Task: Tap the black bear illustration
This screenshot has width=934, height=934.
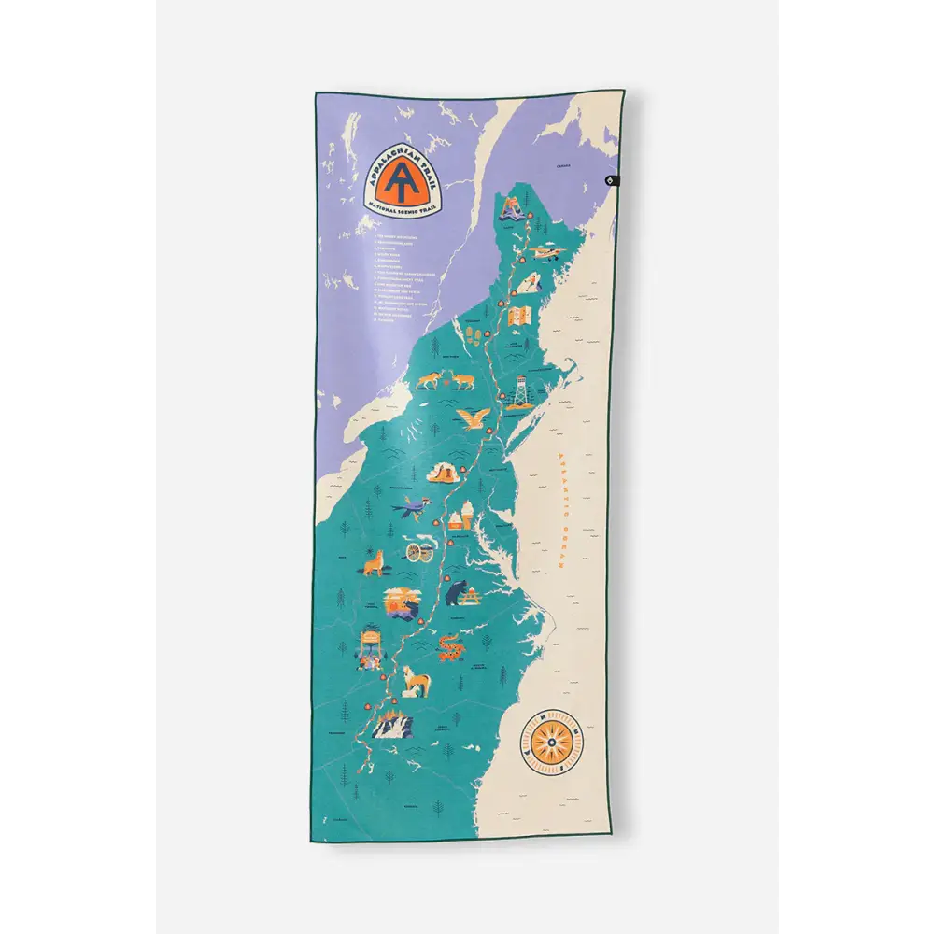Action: (x=458, y=592)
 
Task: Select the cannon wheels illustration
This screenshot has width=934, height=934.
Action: (x=422, y=552)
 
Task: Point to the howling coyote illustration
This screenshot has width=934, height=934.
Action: (x=375, y=563)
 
